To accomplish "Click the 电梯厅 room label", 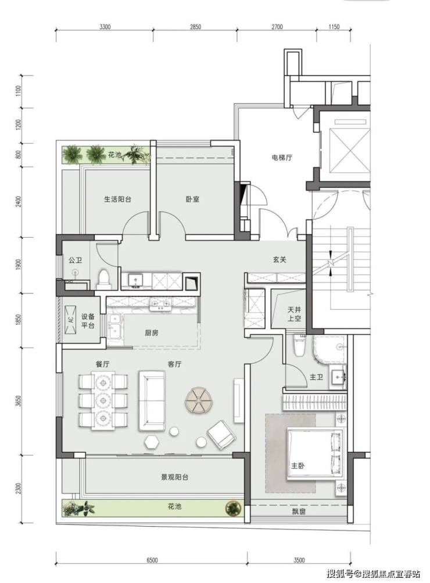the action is click(281, 158).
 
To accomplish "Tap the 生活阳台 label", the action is click(117, 199).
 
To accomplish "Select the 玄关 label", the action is click(279, 259).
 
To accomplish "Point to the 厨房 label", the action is click(152, 333).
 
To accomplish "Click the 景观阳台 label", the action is click(174, 477).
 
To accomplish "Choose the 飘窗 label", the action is click(299, 512).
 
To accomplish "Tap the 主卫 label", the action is click(316, 377).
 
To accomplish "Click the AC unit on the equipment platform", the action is click(70, 319).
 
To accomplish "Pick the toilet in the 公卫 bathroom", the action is click(103, 279).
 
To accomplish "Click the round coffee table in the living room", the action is click(199, 400).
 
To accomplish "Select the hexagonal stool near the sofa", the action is click(152, 442).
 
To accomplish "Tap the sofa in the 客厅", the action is click(152, 401).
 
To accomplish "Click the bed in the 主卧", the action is click(315, 455).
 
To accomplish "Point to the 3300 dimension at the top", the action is click(105, 27).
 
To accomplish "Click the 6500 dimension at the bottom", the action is click(152, 560).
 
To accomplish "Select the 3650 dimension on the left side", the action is click(19, 401).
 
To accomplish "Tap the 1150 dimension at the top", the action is click(334, 27).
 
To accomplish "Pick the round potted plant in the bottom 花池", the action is click(233, 507).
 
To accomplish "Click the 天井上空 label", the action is click(295, 314).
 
